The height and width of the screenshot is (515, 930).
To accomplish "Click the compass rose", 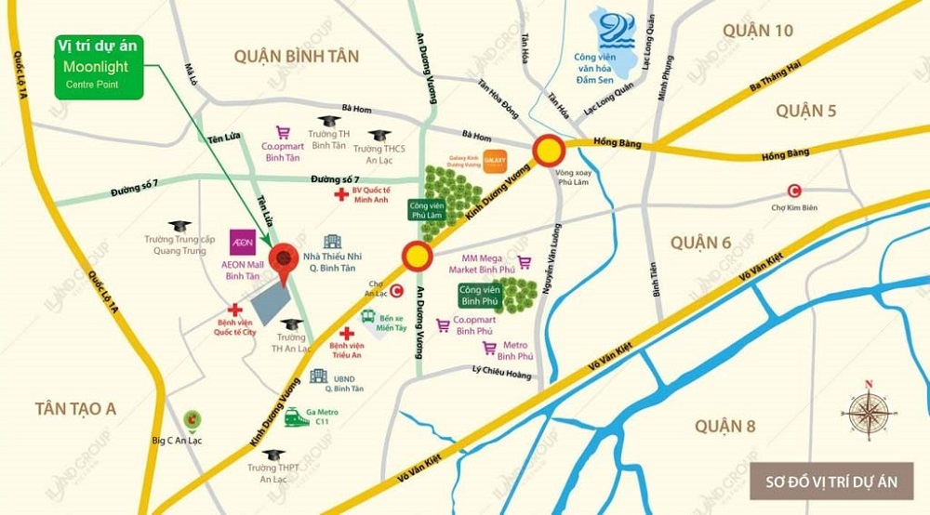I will (x=867, y=410).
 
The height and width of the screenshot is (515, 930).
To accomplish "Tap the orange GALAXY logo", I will (x=495, y=161).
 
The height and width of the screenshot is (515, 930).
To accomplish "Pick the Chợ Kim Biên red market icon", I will (x=793, y=191).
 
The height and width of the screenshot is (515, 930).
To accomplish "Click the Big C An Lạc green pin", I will (x=192, y=421).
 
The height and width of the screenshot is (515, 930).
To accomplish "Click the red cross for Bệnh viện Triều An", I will (x=346, y=334).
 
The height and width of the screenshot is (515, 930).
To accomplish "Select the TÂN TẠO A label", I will (x=74, y=407).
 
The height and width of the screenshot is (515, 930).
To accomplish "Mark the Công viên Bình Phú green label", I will (x=482, y=296).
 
